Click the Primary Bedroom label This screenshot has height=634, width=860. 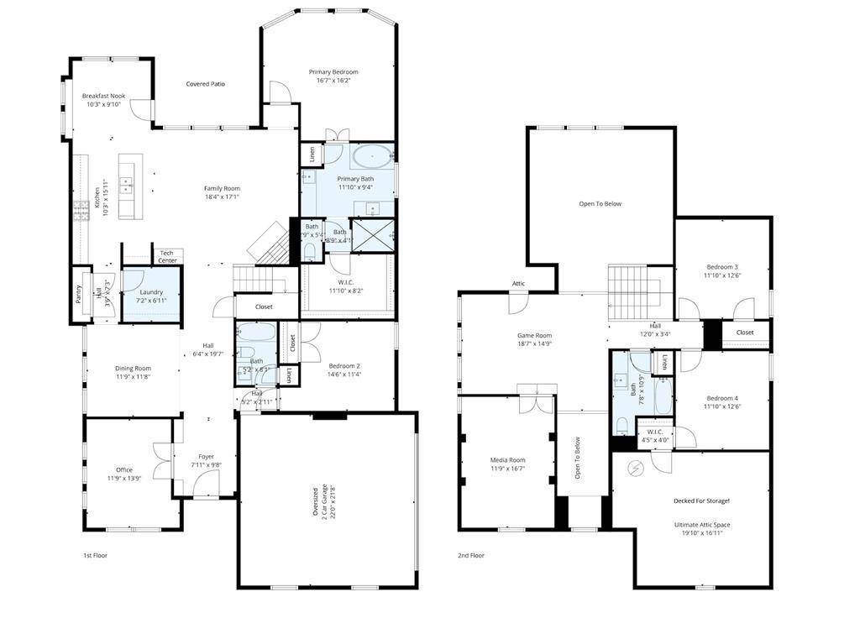[333, 72]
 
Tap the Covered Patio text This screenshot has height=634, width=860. [205, 84]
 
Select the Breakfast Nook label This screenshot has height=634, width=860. [103, 97]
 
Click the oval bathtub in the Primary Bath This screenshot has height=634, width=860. [370, 157]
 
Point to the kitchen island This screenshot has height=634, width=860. [127, 186]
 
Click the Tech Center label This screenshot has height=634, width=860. [167, 256]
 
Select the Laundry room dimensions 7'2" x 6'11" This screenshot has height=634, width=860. [152, 300]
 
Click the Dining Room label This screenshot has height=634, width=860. [133, 368]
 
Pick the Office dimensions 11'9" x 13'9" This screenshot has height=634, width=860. [124, 478]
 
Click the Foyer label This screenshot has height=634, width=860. [206, 457]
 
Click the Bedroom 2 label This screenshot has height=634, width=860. [344, 365]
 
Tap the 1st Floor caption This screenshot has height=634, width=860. [95, 555]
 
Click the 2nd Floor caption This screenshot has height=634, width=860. [471, 555]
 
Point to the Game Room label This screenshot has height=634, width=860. [533, 335]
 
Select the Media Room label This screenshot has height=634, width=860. [507, 459]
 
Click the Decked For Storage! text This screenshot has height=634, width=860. [701, 501]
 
